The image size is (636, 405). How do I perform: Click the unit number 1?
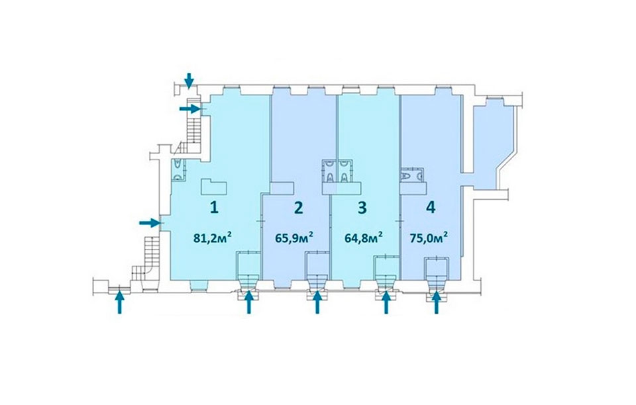point(214,208)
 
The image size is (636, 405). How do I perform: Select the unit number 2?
point(298,208)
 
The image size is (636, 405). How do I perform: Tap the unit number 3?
point(362,208)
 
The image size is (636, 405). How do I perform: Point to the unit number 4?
point(431,208)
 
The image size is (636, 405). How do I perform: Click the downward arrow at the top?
point(189,80)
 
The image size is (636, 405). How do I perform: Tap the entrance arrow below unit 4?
point(437,302)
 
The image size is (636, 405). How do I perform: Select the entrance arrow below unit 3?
point(386,302)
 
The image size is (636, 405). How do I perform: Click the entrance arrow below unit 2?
point(317,302)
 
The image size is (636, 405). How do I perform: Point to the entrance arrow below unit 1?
point(249,302)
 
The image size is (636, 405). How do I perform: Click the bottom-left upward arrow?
point(119,302)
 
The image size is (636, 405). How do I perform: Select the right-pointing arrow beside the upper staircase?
point(190,109)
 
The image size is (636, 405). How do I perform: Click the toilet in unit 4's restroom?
point(406,176)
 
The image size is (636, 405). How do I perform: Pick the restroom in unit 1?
point(178,169)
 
